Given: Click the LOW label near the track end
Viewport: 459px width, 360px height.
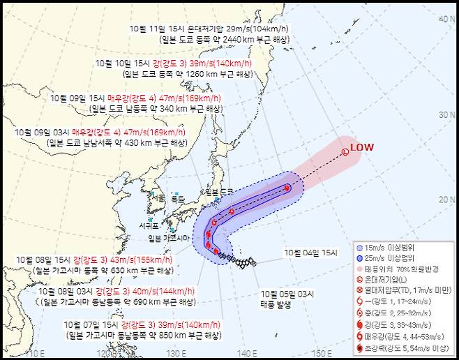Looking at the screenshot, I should click(x=362, y=147).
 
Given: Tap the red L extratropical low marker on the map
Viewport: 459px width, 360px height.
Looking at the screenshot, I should click(x=345, y=151).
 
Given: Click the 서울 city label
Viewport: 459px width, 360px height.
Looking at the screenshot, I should click(x=160, y=197).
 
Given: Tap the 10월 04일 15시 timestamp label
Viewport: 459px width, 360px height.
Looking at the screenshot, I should click(x=310, y=253).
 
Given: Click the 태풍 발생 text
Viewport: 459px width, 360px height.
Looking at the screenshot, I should click(x=279, y=303).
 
